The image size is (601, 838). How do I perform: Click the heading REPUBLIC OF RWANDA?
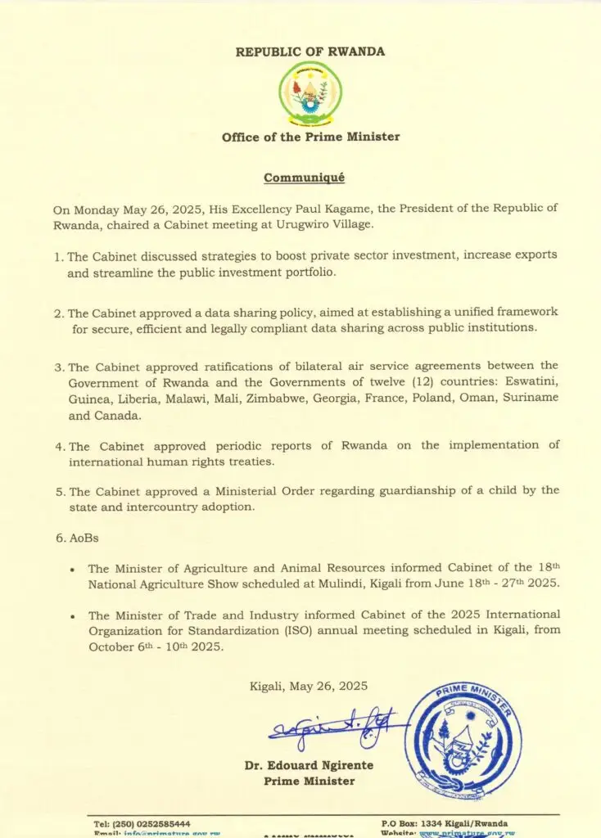pyautogui.click(x=310, y=52)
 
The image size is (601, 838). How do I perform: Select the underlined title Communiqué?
pyautogui.click(x=304, y=177)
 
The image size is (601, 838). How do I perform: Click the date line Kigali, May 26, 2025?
pyautogui.click(x=309, y=686)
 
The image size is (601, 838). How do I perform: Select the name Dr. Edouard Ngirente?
pyautogui.click(x=309, y=766)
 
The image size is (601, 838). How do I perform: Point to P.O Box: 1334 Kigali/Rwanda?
pyautogui.click(x=444, y=823)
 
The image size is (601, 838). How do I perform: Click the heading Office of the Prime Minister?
pyautogui.click(x=310, y=137)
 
